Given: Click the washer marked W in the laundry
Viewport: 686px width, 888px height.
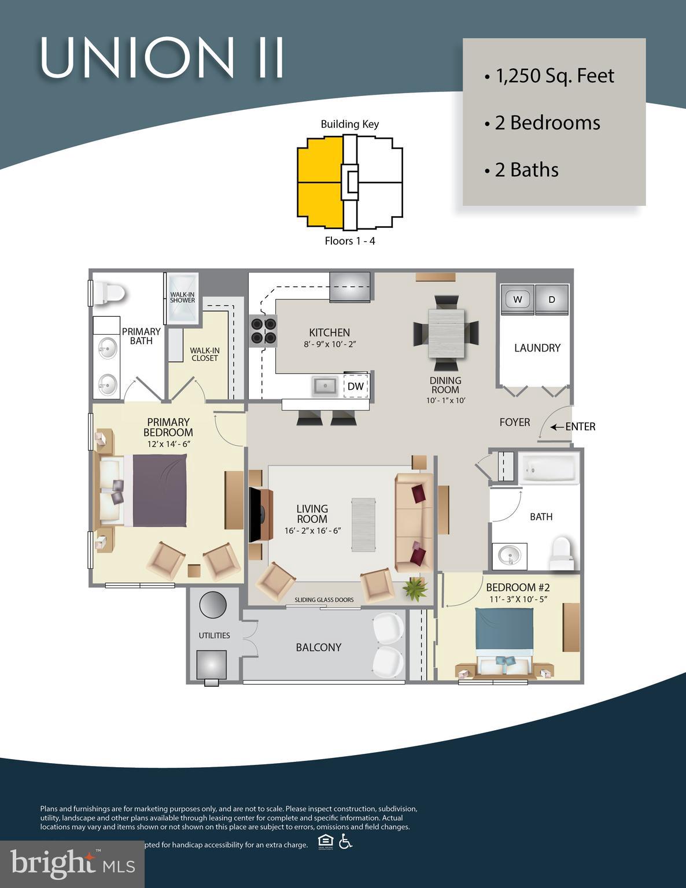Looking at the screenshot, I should click(517, 299).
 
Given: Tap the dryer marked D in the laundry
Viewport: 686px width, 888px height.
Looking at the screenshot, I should click(552, 299).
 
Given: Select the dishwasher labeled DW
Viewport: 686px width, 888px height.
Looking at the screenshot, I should click(356, 386).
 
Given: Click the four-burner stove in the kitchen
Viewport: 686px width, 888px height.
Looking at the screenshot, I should click(262, 331).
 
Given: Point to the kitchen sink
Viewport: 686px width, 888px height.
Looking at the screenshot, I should click(325, 386).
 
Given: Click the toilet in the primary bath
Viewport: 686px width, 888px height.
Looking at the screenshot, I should click(110, 293).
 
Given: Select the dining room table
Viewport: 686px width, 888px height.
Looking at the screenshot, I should click(446, 333).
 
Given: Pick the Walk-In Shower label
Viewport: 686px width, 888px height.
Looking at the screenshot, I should click(182, 297).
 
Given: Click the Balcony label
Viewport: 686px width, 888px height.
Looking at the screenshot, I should click(318, 647).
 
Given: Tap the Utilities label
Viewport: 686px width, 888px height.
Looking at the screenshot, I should click(214, 635).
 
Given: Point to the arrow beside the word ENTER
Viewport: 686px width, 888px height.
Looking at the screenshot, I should click(556, 427).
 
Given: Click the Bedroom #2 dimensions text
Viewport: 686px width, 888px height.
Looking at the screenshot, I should click(518, 599).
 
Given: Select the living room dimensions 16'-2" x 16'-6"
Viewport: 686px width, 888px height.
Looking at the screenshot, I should click(312, 531).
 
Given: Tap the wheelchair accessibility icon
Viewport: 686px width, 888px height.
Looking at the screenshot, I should click(345, 842).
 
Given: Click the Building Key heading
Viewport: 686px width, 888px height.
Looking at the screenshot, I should click(350, 124).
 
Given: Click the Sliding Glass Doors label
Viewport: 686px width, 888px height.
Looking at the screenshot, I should click(324, 600).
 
